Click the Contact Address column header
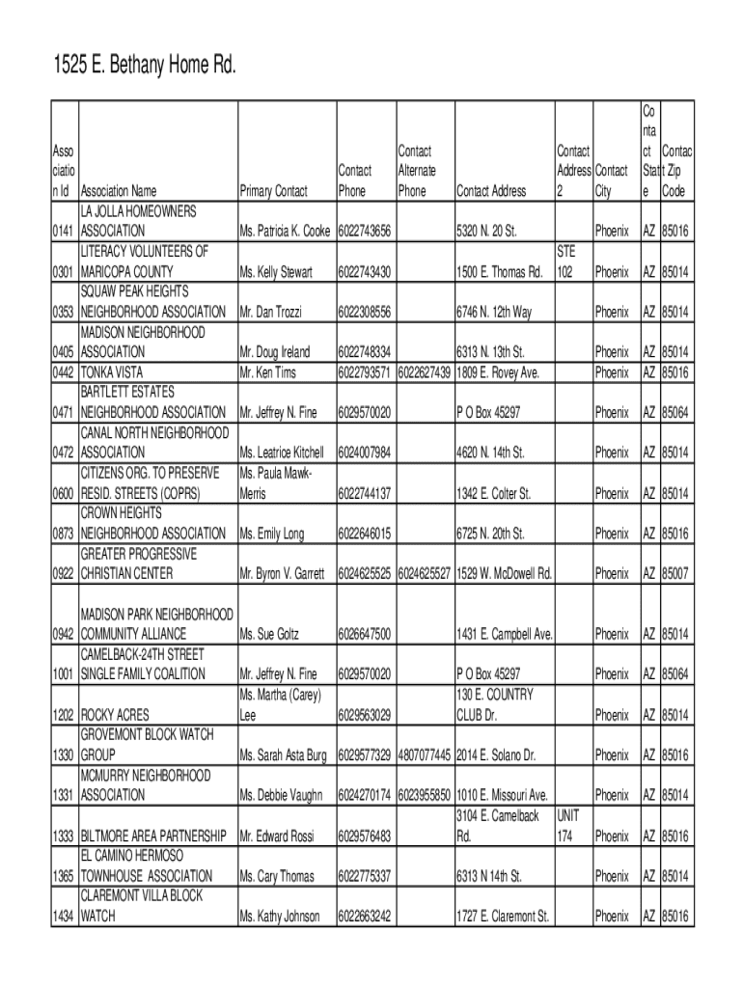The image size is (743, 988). [491, 191]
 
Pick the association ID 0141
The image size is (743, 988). [64, 232]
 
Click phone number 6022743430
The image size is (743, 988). [365, 272]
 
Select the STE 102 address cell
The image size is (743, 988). [567, 262]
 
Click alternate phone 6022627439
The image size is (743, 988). [424, 372]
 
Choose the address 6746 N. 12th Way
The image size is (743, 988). [494, 313]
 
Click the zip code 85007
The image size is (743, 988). [674, 574]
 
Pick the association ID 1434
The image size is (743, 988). [64, 916]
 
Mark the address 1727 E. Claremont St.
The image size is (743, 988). [502, 916]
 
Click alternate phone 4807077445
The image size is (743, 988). [424, 755]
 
